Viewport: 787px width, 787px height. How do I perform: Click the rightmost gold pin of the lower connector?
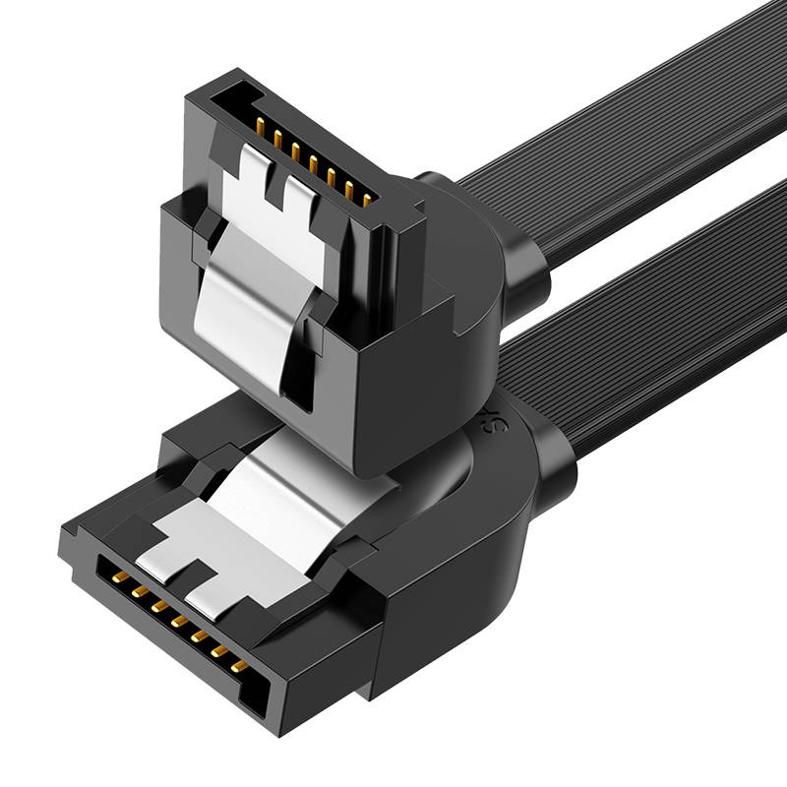pyautogui.click(x=241, y=666)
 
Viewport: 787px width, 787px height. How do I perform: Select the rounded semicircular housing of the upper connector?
pyautogui.click(x=462, y=256)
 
